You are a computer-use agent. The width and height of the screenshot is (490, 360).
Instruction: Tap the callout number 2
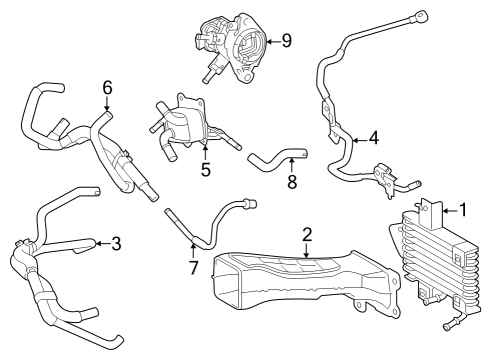tap(308, 235)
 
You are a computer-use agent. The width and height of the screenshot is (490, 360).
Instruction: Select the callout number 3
tap(117, 242)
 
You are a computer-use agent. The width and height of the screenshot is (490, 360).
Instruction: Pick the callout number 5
tap(205, 169)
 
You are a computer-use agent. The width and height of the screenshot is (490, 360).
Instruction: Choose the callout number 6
tap(107, 88)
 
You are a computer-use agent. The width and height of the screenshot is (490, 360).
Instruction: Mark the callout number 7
tap(194, 269)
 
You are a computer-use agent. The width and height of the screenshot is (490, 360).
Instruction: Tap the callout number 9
tap(286, 41)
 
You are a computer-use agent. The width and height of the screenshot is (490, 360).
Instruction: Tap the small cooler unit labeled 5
tap(185, 125)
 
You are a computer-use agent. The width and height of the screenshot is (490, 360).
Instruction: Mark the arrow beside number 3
tap(101, 242)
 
